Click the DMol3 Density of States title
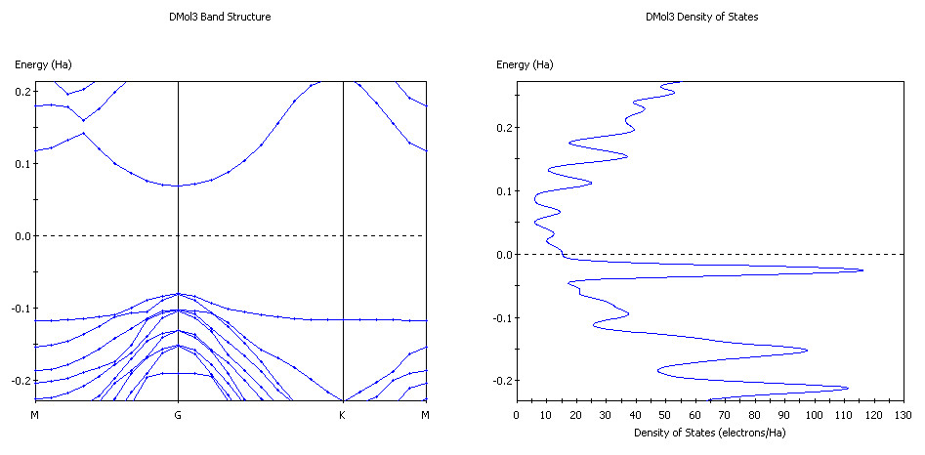(x=701, y=18)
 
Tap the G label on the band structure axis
(x=178, y=414)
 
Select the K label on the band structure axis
(x=343, y=414)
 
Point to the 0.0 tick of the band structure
(x=21, y=235)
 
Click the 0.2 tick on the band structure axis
(x=21, y=91)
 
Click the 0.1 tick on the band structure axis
(x=21, y=163)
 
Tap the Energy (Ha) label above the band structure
(x=43, y=64)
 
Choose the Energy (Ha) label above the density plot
(x=525, y=64)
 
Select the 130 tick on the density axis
(x=904, y=414)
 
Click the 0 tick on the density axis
(x=517, y=414)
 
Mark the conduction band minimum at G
(x=178, y=185)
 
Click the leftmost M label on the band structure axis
(x=35, y=414)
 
